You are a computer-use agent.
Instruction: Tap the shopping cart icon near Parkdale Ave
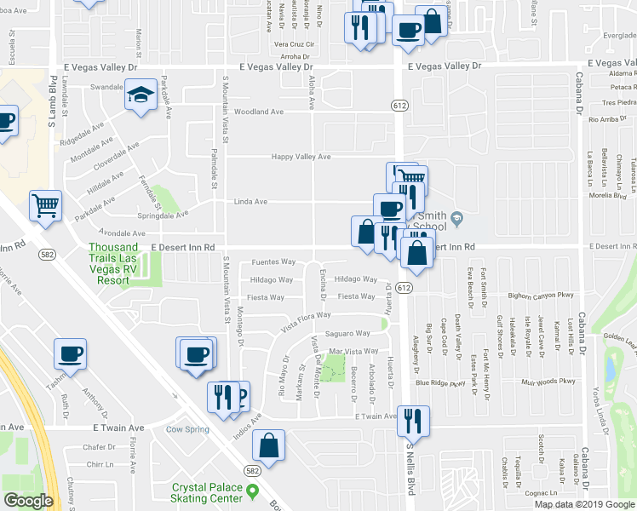coord(44,204)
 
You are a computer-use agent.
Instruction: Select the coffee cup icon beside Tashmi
coord(70,353)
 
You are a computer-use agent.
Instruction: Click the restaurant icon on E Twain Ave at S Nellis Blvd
coord(413,420)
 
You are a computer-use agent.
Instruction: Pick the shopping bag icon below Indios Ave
coord(269,444)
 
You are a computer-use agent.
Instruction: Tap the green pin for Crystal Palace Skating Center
coord(252,491)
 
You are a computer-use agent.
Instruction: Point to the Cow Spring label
coord(187,429)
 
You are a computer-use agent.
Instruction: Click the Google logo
coord(28,500)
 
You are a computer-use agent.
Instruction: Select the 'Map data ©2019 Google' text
coord(584,504)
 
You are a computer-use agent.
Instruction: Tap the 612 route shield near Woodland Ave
coord(399,104)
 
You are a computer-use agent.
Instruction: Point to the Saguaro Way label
coord(348,333)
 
